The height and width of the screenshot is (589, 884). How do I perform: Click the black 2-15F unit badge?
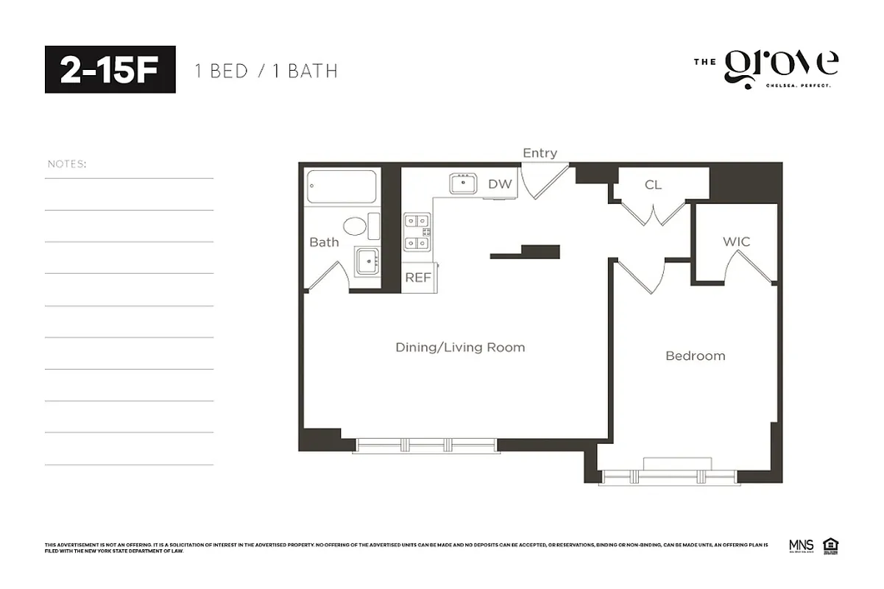(110, 69)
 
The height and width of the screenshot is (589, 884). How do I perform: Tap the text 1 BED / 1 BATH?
(266, 71)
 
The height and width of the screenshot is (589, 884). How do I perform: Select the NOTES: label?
(67, 163)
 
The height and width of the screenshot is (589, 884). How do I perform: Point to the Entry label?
(540, 153)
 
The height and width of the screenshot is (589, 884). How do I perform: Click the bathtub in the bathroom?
(342, 187)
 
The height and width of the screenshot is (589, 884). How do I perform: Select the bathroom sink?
(367, 260)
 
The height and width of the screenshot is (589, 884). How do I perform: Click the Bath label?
(324, 241)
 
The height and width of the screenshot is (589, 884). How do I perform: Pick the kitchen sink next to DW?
(464, 183)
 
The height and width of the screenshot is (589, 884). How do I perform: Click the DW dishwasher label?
(500, 184)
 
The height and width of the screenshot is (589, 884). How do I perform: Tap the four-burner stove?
(417, 231)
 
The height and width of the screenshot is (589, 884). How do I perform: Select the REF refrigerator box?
(418, 278)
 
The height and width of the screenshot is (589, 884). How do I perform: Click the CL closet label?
(653, 185)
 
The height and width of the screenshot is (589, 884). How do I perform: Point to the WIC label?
(736, 241)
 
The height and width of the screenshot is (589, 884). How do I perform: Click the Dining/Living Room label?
(460, 347)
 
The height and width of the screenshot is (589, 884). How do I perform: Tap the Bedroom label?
(695, 356)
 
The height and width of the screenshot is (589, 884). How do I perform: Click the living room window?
(426, 445)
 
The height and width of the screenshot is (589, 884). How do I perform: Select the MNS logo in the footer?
(800, 546)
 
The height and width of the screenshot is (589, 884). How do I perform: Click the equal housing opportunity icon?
(831, 546)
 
